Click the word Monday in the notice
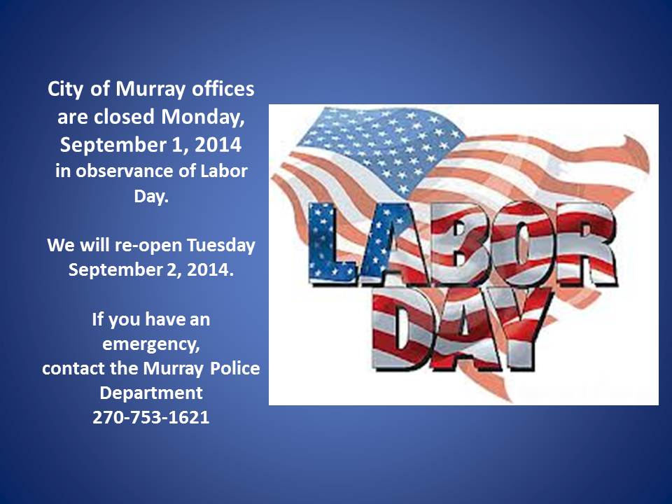coord(202,117)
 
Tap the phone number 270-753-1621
coord(151,417)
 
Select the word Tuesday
coord(221,246)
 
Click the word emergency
coord(151,344)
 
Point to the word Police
coord(235,368)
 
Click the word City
coord(65,90)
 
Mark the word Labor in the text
coord(224,171)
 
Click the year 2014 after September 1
coord(218,145)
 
